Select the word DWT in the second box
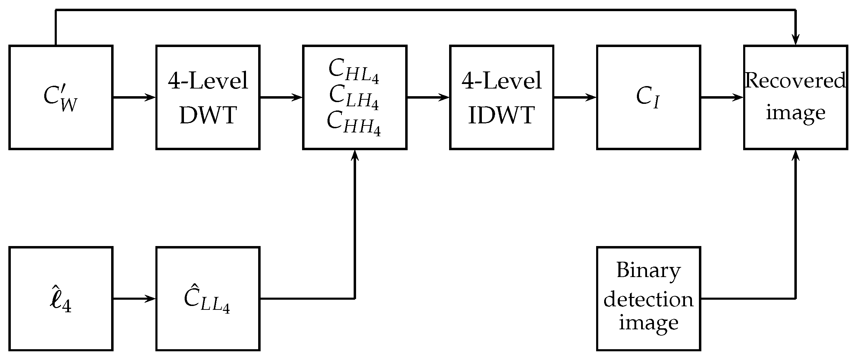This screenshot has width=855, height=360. click(208, 115)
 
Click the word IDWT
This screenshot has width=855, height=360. click(501, 115)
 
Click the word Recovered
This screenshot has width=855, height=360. click(795, 81)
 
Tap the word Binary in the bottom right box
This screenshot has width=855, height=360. click(648, 270)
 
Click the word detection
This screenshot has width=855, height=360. click(648, 299)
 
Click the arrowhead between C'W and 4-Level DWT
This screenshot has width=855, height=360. click(151, 98)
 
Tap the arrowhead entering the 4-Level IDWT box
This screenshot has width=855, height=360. click(445, 98)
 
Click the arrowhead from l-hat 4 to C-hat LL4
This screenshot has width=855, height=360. click(151, 299)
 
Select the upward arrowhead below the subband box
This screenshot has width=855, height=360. click(355, 155)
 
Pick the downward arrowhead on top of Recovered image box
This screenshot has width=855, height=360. click(795, 40)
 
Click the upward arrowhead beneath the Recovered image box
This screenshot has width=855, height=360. click(795, 155)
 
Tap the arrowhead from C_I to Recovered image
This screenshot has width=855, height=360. click(739, 98)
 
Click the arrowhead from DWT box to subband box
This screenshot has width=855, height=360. click(298, 98)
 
